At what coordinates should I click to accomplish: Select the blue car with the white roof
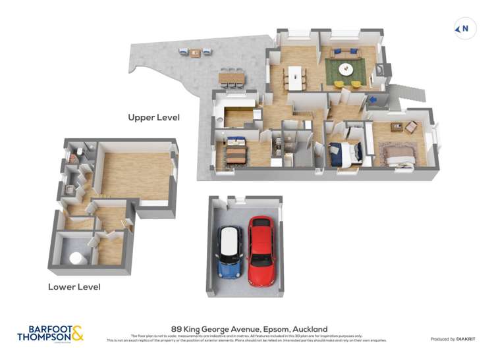click(231, 251)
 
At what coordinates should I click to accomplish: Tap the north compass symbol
click(463, 28)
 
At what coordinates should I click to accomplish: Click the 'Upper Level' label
click(153, 117)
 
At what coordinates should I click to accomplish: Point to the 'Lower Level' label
click(74, 287)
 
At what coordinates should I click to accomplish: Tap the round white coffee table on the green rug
click(346, 68)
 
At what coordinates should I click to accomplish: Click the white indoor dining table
click(295, 77)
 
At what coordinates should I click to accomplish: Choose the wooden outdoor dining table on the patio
click(231, 78)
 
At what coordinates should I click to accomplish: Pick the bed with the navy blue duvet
click(344, 153)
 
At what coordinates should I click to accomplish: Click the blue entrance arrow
click(372, 100)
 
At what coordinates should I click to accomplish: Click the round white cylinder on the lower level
click(76, 258)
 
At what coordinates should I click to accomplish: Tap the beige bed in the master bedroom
click(399, 155)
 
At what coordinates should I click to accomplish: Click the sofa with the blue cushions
click(346, 53)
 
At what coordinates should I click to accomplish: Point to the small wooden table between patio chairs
click(195, 53)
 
